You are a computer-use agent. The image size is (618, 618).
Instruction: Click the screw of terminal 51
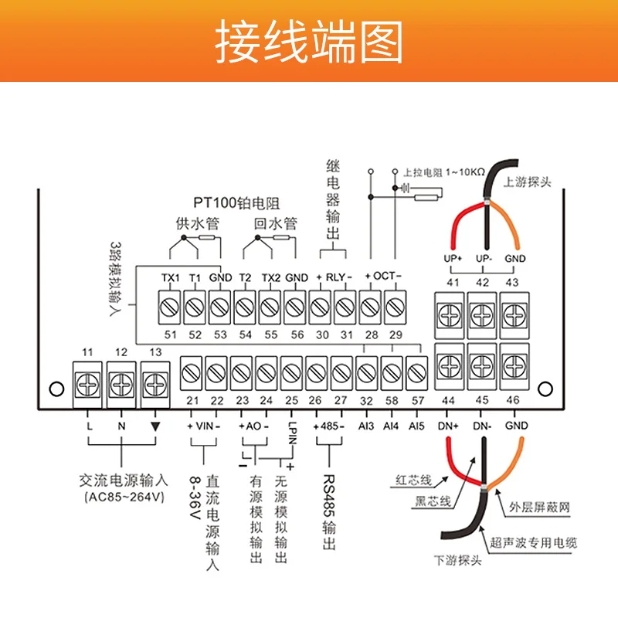coord(169,307)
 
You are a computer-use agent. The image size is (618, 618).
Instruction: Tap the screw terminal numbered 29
coord(395,307)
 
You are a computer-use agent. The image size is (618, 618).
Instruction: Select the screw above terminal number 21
coord(191,373)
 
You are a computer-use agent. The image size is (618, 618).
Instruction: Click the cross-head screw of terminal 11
coord(87,385)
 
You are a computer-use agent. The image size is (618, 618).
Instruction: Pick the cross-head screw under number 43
coord(514,315)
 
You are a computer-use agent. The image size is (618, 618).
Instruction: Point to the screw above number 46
coord(514,366)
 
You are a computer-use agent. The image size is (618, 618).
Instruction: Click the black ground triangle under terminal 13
coord(155,426)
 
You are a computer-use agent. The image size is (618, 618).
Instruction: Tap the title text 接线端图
coord(308,42)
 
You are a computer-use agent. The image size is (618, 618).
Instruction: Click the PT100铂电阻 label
coord(236,203)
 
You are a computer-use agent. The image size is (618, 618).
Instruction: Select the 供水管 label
coord(198,223)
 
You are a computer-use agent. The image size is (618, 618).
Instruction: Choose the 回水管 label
coord(275,223)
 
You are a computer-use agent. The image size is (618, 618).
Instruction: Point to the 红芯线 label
coord(413,480)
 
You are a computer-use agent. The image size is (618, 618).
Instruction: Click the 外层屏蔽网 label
coord(539,507)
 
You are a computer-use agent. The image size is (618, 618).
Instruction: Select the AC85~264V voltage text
coord(124,497)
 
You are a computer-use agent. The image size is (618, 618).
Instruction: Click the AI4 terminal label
coord(391,426)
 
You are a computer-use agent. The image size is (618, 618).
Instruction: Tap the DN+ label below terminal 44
coord(448,426)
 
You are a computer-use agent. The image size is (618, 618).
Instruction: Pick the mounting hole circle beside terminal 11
coord(56,389)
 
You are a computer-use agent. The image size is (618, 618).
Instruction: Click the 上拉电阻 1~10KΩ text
coord(443,172)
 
